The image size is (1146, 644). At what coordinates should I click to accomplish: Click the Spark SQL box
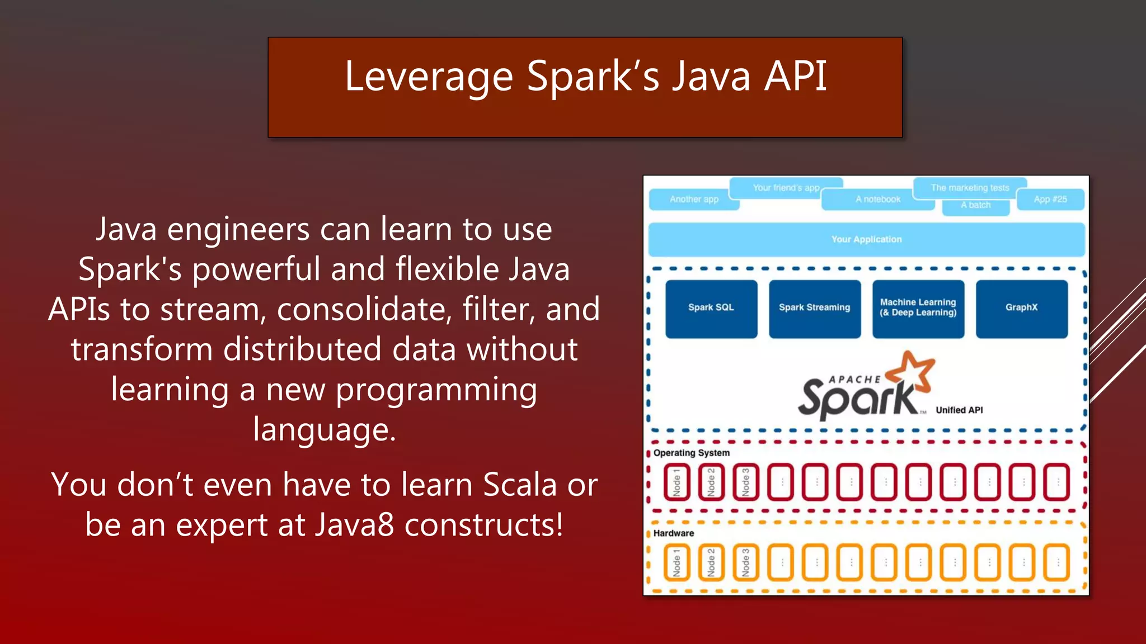coord(711,309)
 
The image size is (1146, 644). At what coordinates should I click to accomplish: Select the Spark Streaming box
coord(814,309)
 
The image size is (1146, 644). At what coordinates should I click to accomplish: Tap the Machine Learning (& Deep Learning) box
coord(918,309)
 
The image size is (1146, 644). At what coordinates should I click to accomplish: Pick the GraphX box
coord(1021,309)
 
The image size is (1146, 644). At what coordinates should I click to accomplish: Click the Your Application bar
coord(866,239)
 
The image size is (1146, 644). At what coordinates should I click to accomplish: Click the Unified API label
coord(959,410)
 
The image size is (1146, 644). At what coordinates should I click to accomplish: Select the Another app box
coord(694,200)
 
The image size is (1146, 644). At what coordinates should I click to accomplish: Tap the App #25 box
coord(1050,200)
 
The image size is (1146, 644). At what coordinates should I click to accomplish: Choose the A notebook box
coord(877,200)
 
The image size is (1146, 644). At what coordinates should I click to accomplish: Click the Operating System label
coord(691,453)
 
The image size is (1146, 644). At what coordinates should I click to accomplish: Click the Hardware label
coord(673,533)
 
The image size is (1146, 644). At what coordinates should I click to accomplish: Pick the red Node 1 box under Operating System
coord(677,482)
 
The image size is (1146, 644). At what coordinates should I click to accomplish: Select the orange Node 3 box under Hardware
coord(745,562)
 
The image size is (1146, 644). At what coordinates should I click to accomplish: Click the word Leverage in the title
coord(429,77)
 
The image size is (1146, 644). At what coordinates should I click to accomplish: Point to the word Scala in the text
coord(520,485)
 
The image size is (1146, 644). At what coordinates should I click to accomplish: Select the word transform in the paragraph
coord(142,349)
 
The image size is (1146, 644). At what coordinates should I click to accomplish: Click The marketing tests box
coord(970,188)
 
